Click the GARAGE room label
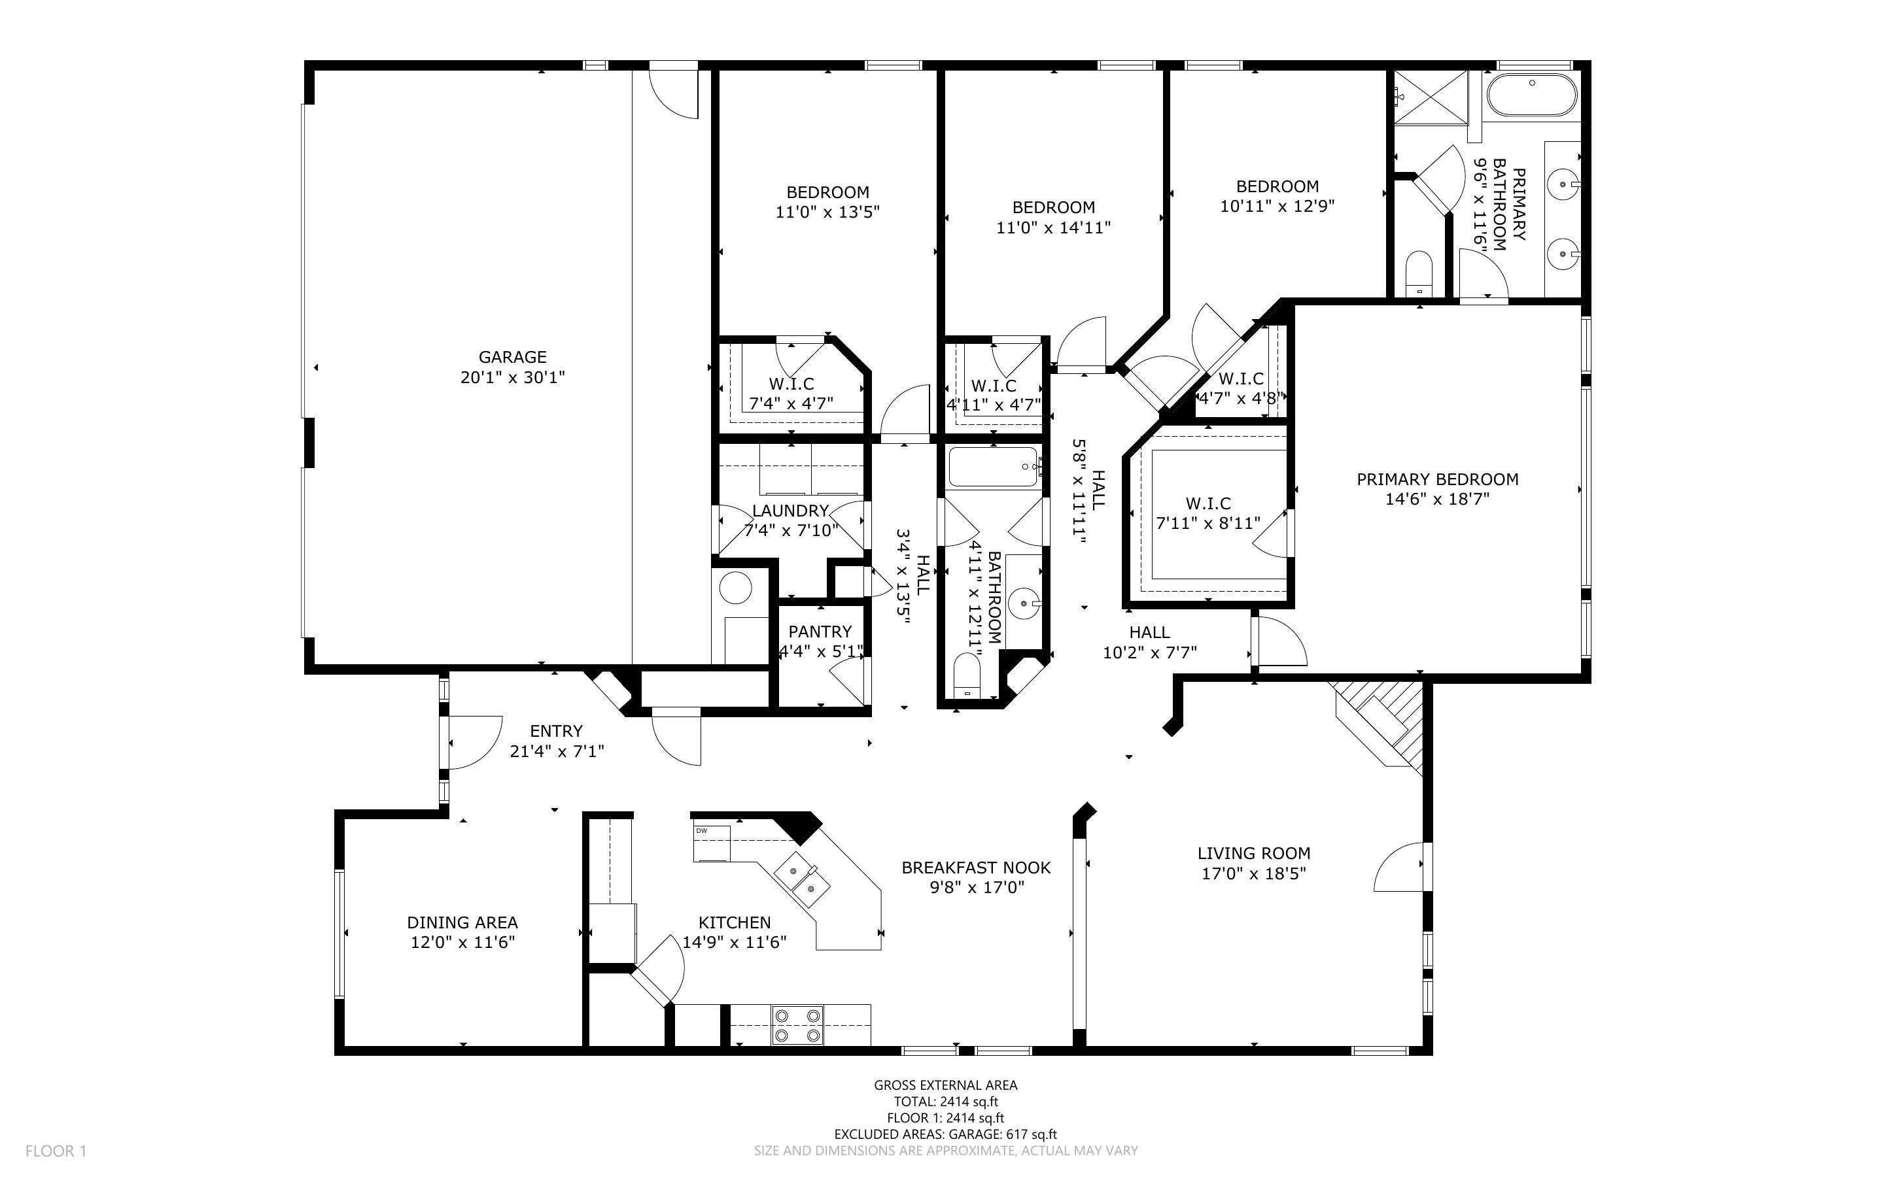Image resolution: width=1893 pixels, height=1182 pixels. [x=512, y=357]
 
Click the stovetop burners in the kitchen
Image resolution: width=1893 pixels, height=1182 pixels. [x=797, y=1025]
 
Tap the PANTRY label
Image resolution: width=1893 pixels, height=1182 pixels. [x=820, y=632]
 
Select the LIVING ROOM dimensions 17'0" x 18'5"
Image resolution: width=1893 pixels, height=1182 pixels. [x=1253, y=874]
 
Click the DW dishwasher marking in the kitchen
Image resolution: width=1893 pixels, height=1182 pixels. [x=701, y=830]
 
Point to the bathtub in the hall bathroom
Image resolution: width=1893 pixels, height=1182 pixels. [x=994, y=467]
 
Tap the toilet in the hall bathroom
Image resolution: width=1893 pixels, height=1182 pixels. [x=967, y=675]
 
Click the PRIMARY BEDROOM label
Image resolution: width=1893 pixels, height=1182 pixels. [x=1437, y=479]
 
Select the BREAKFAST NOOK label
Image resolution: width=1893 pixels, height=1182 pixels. [x=976, y=868]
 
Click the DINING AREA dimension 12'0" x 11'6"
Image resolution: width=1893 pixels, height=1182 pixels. [x=462, y=943]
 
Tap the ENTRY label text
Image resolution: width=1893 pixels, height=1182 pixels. [x=556, y=731]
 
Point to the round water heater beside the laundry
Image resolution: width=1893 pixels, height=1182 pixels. [x=735, y=588]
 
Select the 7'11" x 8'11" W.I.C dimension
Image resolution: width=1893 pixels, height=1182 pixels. [x=1208, y=523]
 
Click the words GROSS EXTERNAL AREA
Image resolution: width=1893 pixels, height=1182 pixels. [x=945, y=1085]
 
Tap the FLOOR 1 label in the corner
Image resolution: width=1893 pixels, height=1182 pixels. [x=56, y=1151]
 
